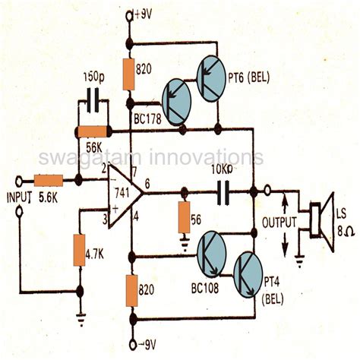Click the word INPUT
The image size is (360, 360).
[x=18, y=198]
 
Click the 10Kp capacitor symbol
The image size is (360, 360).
[x=225, y=191]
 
